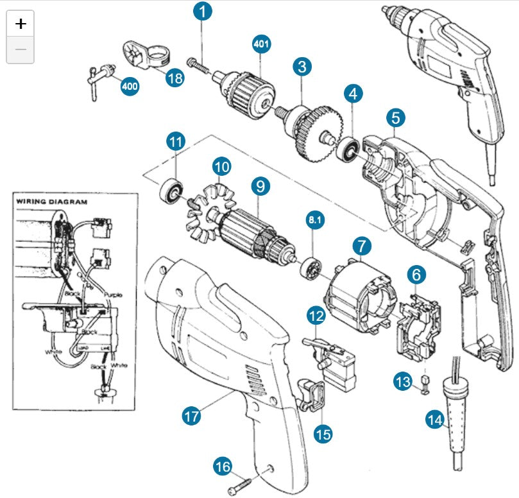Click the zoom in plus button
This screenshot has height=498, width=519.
[21, 24]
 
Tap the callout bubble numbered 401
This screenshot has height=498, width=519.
[261, 44]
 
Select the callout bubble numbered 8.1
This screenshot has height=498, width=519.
[315, 219]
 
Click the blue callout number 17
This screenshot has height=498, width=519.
[191, 415]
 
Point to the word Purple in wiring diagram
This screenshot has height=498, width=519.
[110, 295]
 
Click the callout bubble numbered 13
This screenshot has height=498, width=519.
[402, 382]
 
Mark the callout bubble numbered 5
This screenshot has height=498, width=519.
[396, 117]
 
